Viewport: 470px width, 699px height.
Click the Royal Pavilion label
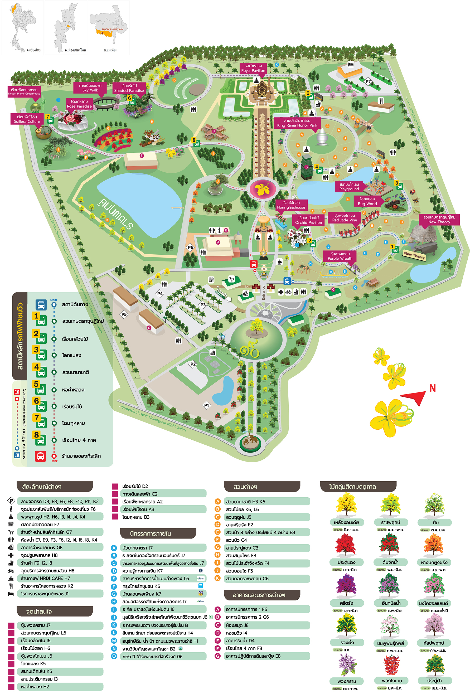point(253,68)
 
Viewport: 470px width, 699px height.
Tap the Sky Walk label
point(90,88)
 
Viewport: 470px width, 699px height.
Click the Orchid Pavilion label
point(308,220)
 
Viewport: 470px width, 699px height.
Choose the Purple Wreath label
point(340,256)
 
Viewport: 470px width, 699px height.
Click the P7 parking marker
point(368,81)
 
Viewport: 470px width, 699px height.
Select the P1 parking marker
point(206,405)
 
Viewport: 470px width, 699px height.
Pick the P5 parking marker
point(124,314)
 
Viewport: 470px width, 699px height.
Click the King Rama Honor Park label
point(297,123)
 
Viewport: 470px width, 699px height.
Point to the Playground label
point(349,187)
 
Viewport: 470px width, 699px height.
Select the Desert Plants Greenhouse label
point(24,91)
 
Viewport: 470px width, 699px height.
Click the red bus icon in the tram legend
point(41,456)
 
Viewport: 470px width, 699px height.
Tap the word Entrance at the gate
point(264,293)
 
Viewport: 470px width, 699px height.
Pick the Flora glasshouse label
point(291,205)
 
